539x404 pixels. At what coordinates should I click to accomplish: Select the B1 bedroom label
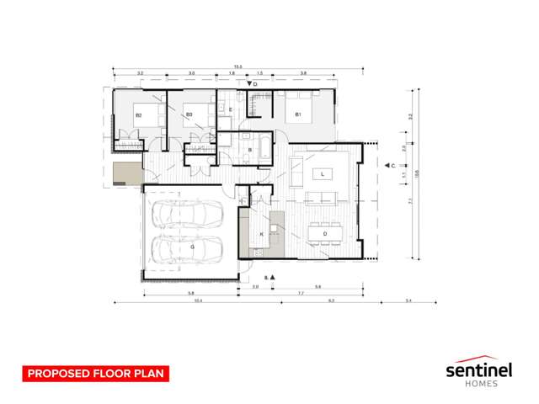[298, 114]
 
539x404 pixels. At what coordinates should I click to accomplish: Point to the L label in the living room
[322, 174]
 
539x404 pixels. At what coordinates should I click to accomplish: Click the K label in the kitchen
[262, 233]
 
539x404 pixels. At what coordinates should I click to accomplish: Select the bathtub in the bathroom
[262, 150]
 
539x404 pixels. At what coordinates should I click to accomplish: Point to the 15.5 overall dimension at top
[239, 66]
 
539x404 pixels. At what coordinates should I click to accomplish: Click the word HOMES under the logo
[480, 385]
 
